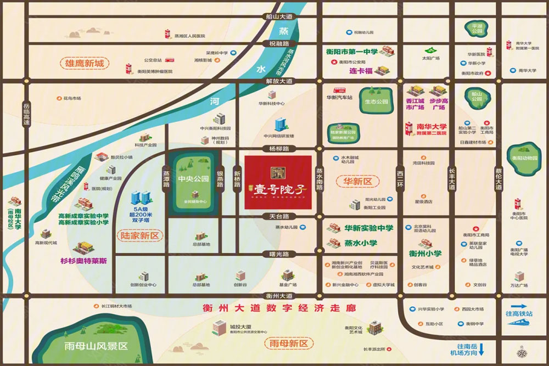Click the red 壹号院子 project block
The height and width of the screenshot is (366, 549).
(x=278, y=182)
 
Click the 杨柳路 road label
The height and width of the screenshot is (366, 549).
(x=279, y=149)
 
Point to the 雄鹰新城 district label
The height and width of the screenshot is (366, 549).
(x=85, y=64)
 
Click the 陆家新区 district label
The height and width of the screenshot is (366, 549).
(x=141, y=236)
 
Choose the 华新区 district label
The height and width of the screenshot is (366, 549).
(x=358, y=181)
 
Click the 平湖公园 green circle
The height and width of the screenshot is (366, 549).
(x=476, y=29)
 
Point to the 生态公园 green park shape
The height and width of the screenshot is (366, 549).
(x=376, y=102)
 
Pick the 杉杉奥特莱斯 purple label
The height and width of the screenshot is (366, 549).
(x=82, y=261)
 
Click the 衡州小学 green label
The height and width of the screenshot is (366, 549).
(x=425, y=254)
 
